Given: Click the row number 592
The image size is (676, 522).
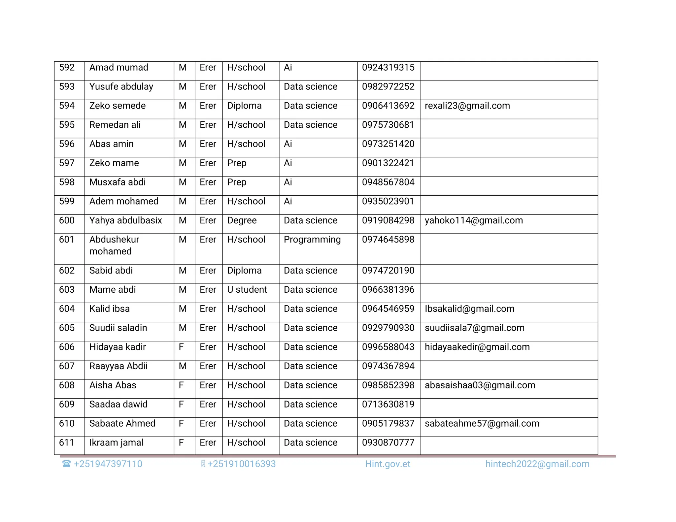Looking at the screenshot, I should click(67, 68).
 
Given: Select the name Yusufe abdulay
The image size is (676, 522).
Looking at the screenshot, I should click(121, 87).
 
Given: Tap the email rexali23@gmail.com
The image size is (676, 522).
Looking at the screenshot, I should click(467, 106).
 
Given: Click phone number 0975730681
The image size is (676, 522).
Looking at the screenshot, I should click(388, 125).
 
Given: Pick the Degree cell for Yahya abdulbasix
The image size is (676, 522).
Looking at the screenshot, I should click(242, 220).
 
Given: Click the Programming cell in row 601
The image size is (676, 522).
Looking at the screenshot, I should click(312, 240).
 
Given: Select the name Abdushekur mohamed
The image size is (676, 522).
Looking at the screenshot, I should click(114, 245).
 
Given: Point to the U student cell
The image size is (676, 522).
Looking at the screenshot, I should click(247, 290).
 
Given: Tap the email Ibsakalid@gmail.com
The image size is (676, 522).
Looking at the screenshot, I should click(469, 309).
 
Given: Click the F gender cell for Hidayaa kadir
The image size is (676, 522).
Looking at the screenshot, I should click(181, 347).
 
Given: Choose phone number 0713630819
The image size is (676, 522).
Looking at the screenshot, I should click(388, 405).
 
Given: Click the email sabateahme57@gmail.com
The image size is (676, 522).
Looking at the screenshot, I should click(482, 424).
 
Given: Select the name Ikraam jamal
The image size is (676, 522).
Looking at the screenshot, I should click(116, 443).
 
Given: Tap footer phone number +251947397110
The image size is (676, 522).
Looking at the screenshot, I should click(108, 464).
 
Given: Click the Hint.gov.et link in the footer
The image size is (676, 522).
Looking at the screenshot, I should click(388, 464).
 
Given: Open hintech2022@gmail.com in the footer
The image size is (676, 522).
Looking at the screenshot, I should click(537, 464).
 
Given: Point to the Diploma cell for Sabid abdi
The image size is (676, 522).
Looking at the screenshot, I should click(244, 271).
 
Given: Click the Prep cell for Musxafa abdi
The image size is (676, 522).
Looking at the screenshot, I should click(237, 182).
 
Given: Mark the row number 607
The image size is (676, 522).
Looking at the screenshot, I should click(67, 366).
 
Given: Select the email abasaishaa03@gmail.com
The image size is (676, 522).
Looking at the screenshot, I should click(480, 385).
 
